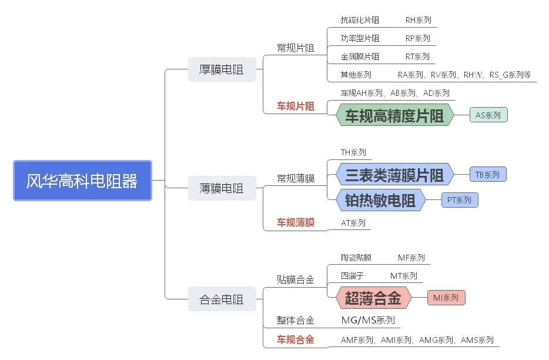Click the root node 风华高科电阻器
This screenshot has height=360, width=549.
click(x=82, y=181)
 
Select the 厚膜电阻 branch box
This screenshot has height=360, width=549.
click(x=222, y=70)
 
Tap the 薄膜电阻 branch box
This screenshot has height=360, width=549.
click(x=222, y=189)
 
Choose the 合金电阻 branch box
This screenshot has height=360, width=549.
click(x=222, y=300)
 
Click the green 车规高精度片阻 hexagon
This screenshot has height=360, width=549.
click(x=394, y=115)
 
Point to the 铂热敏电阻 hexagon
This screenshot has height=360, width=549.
click(x=380, y=201)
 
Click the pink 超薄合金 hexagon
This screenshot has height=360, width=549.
click(x=373, y=298)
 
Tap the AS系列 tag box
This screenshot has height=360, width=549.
click(x=488, y=115)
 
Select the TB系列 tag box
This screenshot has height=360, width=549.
click(x=487, y=175)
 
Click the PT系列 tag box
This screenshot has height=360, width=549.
click(x=460, y=200)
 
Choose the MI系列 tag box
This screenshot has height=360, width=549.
click(x=446, y=298)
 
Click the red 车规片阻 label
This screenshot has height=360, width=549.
click(x=296, y=106)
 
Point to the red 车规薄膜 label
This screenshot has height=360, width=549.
click(x=296, y=222)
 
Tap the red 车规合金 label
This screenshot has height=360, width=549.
click(x=296, y=339)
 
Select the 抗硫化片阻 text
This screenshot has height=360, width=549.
click(x=360, y=20)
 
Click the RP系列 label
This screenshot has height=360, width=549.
click(x=418, y=38)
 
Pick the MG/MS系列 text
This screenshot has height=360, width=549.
click(x=368, y=321)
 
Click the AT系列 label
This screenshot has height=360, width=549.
click(x=353, y=223)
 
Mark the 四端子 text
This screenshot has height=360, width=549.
click(x=352, y=276)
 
